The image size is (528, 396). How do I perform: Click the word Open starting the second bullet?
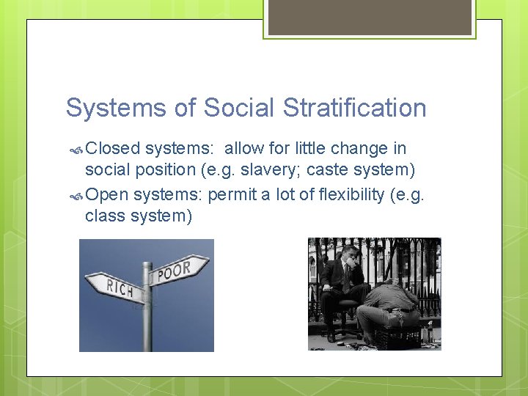107,195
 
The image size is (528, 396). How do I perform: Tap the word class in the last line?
103,216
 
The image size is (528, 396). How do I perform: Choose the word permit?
230,195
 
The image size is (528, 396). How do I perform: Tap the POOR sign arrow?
180,271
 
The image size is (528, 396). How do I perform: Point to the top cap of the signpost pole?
147,265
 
